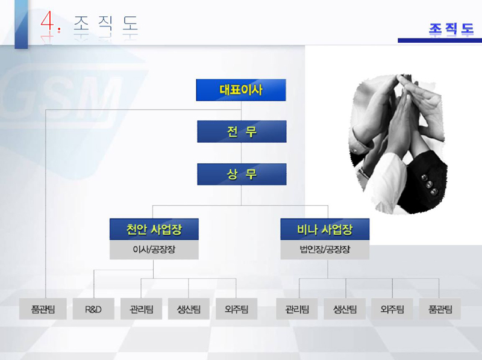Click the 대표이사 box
pos(241,90)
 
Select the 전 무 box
pos(242,131)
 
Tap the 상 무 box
pos(242,174)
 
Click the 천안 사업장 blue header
pos(154,229)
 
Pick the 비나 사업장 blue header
pos(325,229)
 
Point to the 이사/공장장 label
pos(154,249)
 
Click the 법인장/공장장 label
pos(325,249)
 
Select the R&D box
pos(93,309)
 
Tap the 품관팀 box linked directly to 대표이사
pos(43,309)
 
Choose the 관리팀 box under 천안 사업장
pos(141,309)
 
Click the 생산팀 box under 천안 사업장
pos(189,309)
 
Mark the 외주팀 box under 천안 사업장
pos(236,309)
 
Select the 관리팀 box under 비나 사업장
pos(297,309)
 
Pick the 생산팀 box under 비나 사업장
pos(345,309)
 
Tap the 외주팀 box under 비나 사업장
pos(392,309)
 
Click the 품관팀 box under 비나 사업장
pos(440,309)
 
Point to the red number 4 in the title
pos(48,22)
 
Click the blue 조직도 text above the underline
pos(451,29)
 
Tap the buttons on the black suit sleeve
pos(430,184)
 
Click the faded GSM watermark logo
pos(61,98)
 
